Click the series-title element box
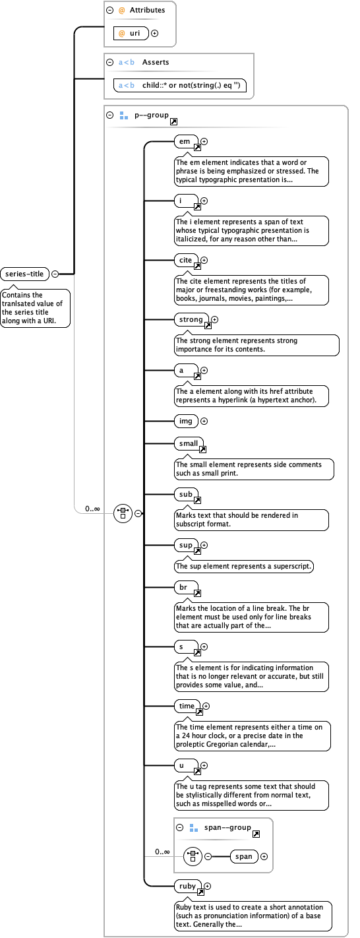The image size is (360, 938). click(x=26, y=274)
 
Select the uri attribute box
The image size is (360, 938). click(x=131, y=33)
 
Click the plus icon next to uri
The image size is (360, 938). click(x=154, y=33)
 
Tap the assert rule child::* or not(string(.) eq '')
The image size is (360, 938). click(x=184, y=85)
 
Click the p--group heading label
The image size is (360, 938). click(x=151, y=115)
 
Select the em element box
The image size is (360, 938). click(x=185, y=141)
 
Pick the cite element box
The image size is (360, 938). click(x=186, y=260)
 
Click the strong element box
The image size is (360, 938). click(x=191, y=319)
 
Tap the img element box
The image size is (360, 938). click(x=185, y=421)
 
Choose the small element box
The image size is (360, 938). click(x=188, y=443)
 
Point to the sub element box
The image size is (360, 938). click(x=185, y=493)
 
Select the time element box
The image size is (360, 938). click(x=187, y=706)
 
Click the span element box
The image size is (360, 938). click(x=243, y=856)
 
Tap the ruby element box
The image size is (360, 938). click(x=187, y=886)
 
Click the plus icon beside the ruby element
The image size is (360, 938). click(x=207, y=887)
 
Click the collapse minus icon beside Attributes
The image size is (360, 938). click(x=111, y=11)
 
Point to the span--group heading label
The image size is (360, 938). click(x=227, y=827)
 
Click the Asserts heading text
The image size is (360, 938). click(x=156, y=62)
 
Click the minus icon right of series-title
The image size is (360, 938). click(x=55, y=274)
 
